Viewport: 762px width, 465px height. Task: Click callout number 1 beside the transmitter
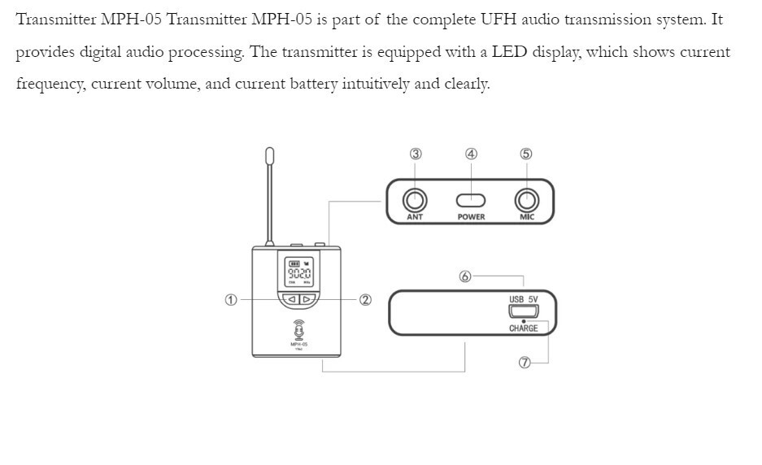(231, 299)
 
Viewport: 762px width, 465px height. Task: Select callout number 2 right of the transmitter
(366, 299)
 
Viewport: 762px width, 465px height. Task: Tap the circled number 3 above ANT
(416, 154)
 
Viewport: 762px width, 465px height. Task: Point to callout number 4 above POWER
(471, 154)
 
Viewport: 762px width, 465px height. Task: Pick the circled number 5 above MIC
(526, 154)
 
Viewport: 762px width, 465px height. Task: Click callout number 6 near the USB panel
(465, 276)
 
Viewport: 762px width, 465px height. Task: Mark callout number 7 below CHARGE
(525, 363)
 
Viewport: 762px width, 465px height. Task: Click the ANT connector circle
(416, 199)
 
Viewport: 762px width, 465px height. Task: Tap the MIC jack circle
(526, 199)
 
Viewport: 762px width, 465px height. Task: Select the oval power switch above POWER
(471, 200)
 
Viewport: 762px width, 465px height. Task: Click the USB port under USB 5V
(523, 311)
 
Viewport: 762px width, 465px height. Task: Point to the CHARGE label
(523, 328)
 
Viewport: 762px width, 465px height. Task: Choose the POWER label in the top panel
(471, 217)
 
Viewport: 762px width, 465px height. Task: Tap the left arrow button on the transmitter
(291, 299)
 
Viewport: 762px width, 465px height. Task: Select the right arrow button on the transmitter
(307, 299)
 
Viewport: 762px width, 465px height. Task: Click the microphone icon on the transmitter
(298, 330)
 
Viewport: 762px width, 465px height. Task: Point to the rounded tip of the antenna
(269, 154)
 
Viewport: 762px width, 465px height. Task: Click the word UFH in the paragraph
(511, 20)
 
